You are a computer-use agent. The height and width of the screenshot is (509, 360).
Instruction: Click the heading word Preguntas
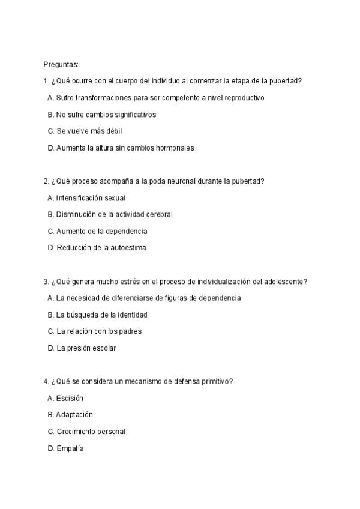point(61,64)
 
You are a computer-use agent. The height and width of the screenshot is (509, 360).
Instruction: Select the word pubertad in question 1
point(284,81)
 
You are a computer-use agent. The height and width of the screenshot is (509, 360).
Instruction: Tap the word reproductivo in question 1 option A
point(243,97)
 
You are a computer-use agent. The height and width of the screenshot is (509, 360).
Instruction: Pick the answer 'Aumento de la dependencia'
point(97,230)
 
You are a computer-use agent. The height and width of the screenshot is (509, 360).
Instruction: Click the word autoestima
point(127,247)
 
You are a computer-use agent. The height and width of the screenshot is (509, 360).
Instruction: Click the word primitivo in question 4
point(217,381)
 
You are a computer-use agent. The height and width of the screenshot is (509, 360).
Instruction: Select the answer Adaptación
point(70,414)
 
